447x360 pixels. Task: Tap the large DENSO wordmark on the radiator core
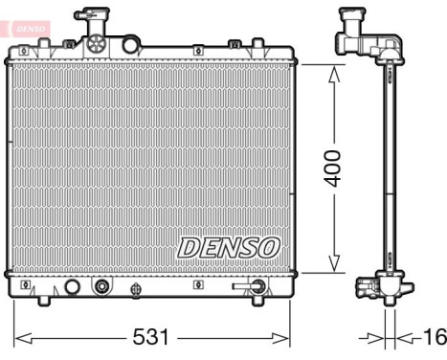228,247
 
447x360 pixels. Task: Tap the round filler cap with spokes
95,43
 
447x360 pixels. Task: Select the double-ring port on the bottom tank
101,285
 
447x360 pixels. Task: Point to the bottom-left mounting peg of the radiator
43,302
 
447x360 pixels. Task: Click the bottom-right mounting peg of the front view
257,302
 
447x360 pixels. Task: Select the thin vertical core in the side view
390,169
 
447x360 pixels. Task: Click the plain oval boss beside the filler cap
130,44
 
